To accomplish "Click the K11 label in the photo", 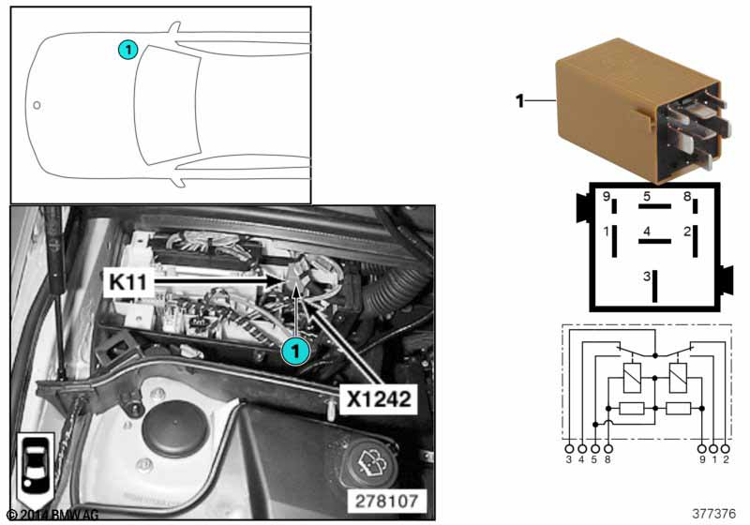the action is tap(127, 281).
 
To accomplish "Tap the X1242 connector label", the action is tap(379, 398).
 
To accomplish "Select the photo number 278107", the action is tap(386, 501).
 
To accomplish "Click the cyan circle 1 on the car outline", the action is tap(127, 50).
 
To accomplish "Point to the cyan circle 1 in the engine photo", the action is tap(295, 352).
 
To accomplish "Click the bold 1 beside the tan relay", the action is tap(519, 101).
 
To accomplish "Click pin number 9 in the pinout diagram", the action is tap(606, 197).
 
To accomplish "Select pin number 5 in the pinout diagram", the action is tap(647, 196).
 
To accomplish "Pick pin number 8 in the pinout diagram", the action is tap(687, 196).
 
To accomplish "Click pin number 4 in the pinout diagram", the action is tap(647, 232).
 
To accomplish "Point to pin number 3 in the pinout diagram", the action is tap(647, 276).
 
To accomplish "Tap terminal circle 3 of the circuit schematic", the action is tap(569, 449).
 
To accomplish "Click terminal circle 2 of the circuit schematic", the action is tap(726, 449).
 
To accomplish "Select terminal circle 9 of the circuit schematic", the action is tap(701, 449).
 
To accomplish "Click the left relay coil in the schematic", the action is tap(632, 378).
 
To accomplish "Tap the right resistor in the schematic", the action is tap(678, 409).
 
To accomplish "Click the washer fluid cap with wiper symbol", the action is tap(373, 462).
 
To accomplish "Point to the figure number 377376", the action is tap(713, 514).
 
